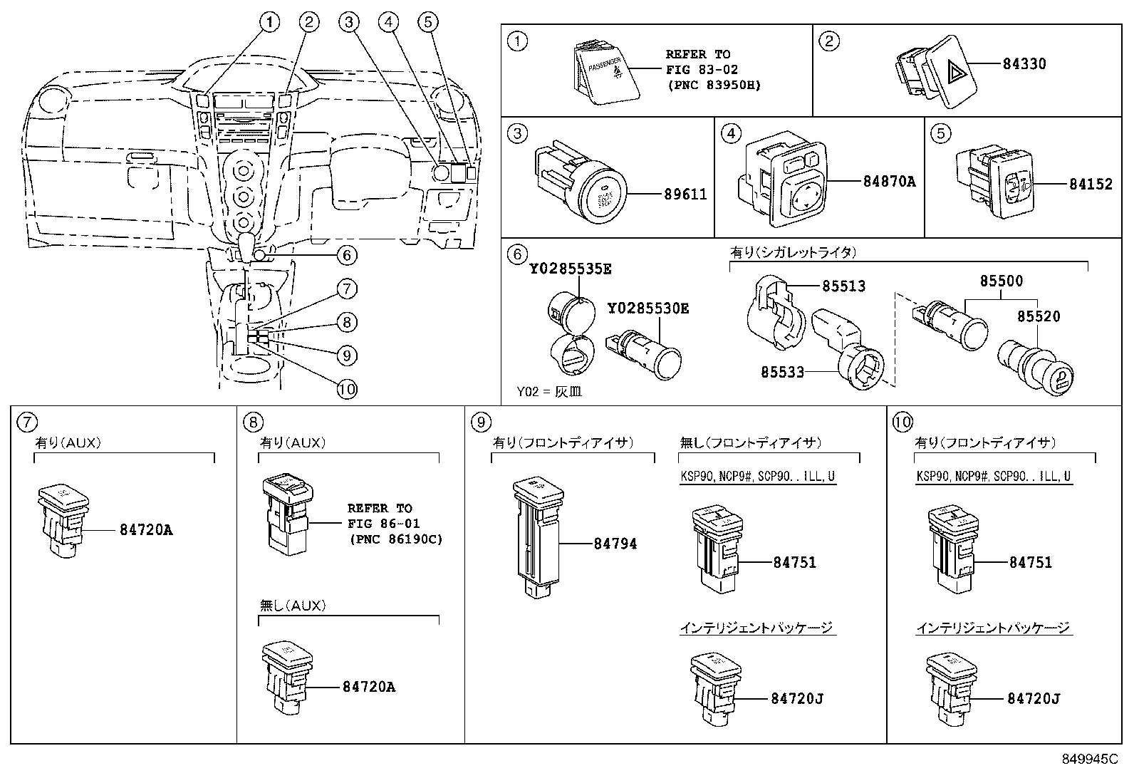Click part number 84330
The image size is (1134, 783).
click(x=1024, y=64)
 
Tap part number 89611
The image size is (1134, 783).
click(x=685, y=194)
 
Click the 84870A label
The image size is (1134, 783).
click(x=889, y=182)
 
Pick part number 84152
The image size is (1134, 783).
click(x=1090, y=185)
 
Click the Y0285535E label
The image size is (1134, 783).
click(x=570, y=269)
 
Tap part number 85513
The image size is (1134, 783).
click(x=843, y=286)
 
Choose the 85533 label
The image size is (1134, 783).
click(x=781, y=372)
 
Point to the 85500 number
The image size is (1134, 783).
click(x=1001, y=281)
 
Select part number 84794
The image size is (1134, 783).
click(x=615, y=544)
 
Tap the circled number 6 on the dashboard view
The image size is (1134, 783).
click(x=346, y=255)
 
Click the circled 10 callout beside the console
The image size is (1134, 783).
click(x=346, y=389)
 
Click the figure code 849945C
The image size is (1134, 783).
click(x=1089, y=759)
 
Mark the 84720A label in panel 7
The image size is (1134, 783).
click(x=146, y=530)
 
